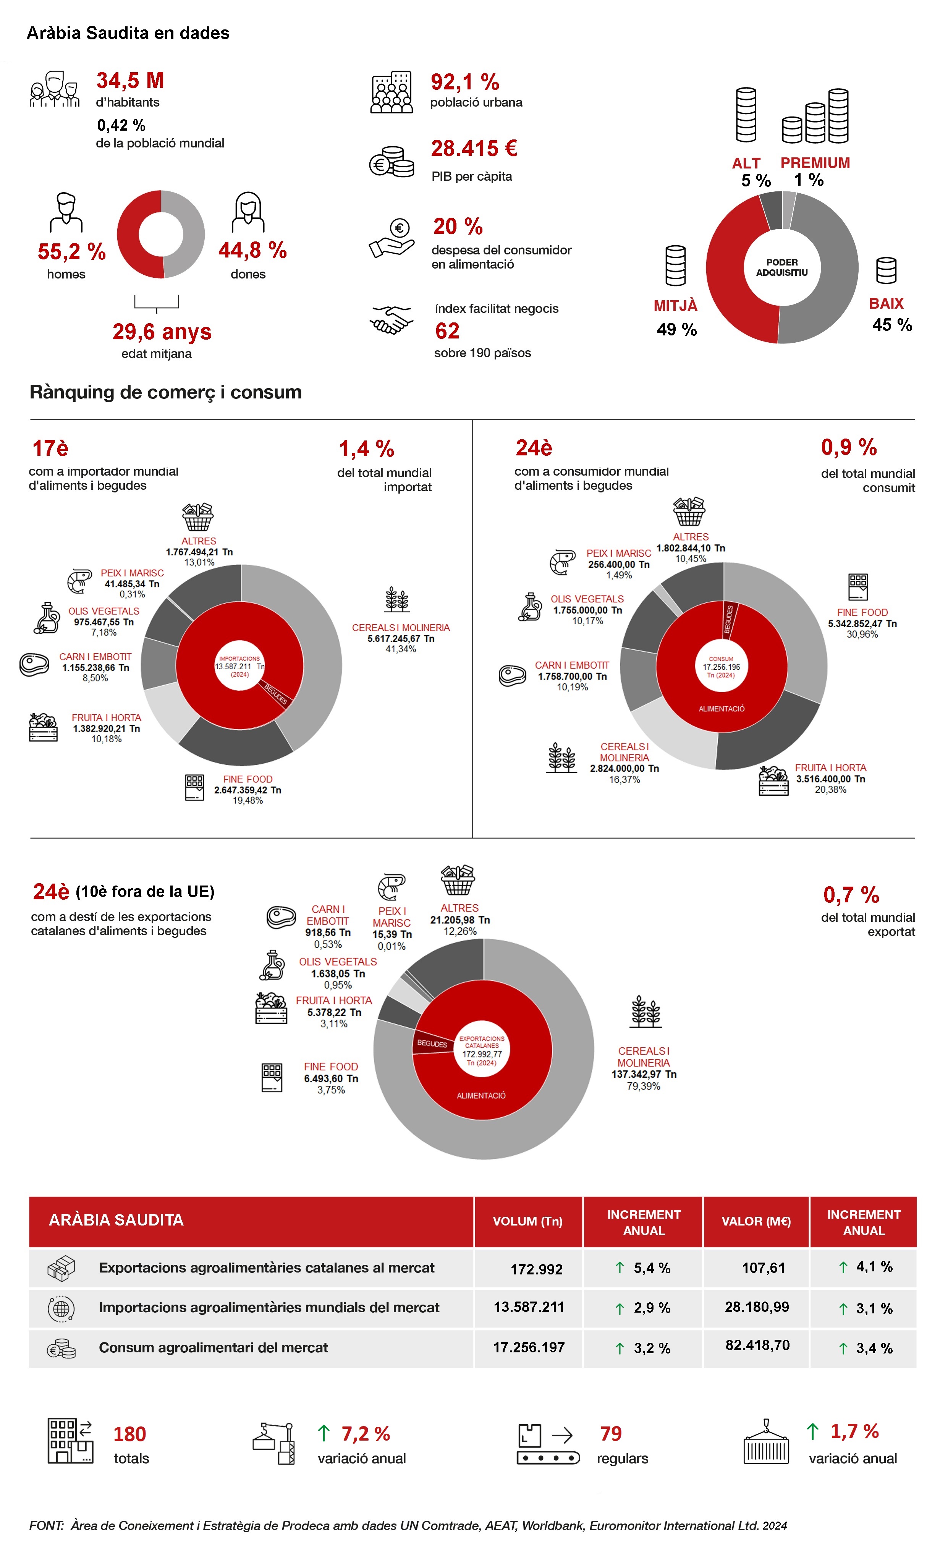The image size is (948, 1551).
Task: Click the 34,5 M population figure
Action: point(130,81)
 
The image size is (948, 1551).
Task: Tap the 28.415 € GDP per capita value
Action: point(474,149)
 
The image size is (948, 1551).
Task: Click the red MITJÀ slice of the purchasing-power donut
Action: point(730,277)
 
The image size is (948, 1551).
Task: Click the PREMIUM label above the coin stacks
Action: point(815,163)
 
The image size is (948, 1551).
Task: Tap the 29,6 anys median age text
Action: point(162,332)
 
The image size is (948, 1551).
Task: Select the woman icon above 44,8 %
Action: point(249,213)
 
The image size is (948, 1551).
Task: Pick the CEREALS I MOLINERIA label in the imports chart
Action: point(401,628)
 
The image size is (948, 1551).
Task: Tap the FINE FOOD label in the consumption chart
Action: point(862,612)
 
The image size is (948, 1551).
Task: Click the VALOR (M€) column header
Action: point(756,1221)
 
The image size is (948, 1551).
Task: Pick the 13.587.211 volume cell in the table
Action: point(529,1307)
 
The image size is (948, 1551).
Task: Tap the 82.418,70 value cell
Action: point(757,1345)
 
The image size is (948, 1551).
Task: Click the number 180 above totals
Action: point(130,1434)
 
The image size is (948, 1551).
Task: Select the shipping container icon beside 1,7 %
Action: point(766,1441)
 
